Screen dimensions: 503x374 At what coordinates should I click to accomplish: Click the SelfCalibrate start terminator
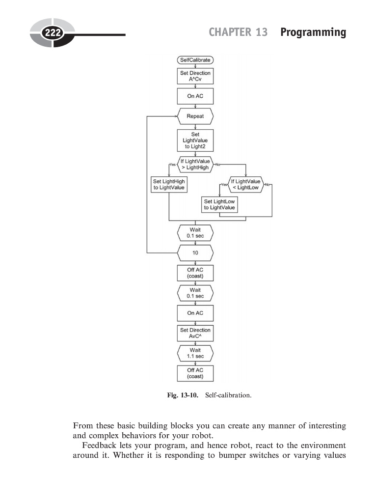point(195,60)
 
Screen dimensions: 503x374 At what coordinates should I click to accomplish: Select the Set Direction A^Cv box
point(195,76)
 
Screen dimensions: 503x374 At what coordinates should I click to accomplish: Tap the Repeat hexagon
point(195,116)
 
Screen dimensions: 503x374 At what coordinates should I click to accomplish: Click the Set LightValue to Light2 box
point(195,140)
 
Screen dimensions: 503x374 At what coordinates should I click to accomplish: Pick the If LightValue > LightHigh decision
point(195,164)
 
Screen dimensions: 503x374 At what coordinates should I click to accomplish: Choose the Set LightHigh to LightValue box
point(169,185)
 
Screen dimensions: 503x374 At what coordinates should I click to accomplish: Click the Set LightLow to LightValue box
point(219,205)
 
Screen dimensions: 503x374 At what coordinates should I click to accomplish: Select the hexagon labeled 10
point(195,252)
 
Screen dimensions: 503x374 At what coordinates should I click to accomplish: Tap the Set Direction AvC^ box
point(195,334)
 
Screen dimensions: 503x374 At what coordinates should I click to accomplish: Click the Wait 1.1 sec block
point(195,353)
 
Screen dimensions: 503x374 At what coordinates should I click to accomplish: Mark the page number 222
point(52,33)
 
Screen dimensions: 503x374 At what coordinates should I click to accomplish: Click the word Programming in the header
point(313,32)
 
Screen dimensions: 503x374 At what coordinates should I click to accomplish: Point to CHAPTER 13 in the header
point(238,32)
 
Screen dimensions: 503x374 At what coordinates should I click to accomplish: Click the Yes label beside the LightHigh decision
point(172,164)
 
